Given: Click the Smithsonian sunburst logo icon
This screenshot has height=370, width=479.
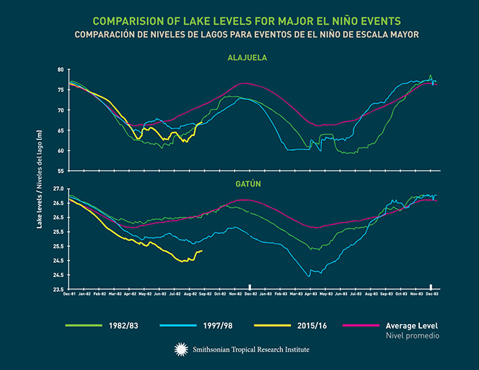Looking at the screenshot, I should point(180,348).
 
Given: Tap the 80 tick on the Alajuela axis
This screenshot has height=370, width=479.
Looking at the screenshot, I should point(61,70).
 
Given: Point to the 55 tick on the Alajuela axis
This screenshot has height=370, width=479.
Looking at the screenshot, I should point(61,171).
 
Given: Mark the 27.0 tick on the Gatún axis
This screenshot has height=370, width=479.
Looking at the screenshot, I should point(58,189).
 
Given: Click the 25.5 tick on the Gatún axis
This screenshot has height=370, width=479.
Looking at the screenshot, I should point(58,247).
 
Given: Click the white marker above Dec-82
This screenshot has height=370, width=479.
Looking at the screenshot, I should point(250,286).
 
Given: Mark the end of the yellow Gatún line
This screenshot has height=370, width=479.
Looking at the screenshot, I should point(202,251).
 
